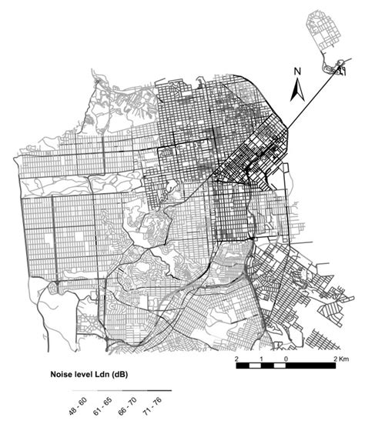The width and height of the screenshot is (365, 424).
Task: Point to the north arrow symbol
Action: (297, 92)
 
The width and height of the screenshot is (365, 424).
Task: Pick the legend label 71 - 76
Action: (149, 408)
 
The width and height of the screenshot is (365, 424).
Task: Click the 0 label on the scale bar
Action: (286, 359)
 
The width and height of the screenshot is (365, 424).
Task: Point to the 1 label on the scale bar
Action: (261, 359)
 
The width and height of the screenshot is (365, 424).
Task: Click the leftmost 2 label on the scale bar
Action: (237, 359)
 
